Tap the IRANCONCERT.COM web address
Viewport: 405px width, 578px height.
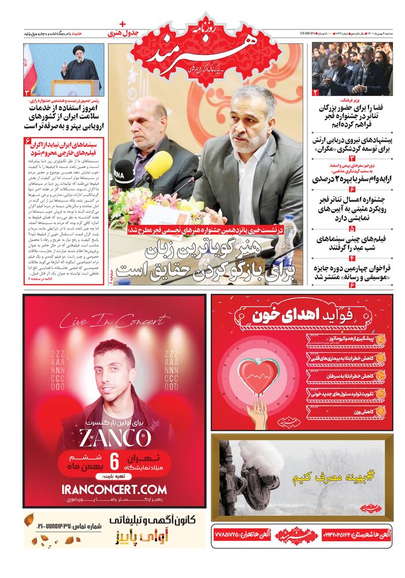[114, 489]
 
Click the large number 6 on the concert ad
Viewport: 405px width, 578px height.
[114, 462]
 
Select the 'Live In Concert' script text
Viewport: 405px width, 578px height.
[114, 320]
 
